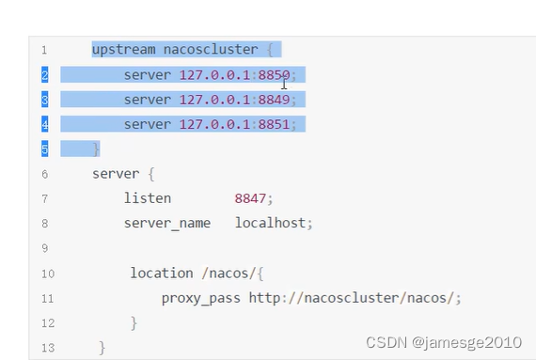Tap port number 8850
point(275,74)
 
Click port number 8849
point(275,99)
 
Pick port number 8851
point(275,124)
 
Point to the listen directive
point(148,198)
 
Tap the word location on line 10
point(162,273)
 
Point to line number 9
point(44,248)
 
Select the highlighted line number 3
point(44,100)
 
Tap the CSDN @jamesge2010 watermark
point(443,342)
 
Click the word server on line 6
point(115,174)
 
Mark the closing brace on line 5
point(96,149)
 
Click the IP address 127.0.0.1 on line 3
point(214,99)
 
